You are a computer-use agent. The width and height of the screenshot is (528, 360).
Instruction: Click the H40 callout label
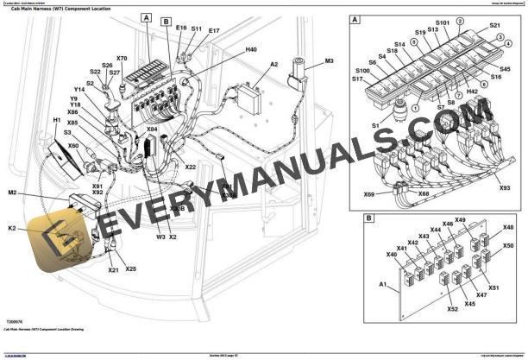[251, 50]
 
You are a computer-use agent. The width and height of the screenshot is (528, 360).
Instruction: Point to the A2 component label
[274, 65]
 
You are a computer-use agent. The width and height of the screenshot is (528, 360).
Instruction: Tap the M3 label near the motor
[329, 61]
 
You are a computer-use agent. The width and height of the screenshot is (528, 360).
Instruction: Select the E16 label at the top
[180, 28]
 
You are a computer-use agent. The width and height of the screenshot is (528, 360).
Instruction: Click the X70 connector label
[122, 59]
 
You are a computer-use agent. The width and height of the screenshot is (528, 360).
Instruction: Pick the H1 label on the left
[57, 120]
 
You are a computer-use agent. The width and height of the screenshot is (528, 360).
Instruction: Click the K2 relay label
[12, 228]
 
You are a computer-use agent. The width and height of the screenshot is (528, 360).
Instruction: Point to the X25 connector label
[130, 269]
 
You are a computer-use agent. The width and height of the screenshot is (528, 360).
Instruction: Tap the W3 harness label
[160, 236]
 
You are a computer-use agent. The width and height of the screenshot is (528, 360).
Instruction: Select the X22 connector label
[191, 167]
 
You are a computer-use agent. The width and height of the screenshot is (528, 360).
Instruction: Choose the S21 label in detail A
[495, 26]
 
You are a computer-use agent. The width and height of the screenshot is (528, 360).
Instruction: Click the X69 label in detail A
[369, 194]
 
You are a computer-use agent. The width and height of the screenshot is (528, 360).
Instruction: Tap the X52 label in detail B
[453, 308]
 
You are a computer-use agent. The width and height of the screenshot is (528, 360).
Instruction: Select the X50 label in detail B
[508, 246]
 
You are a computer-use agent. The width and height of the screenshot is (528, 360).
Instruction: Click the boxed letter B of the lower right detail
[369, 218]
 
